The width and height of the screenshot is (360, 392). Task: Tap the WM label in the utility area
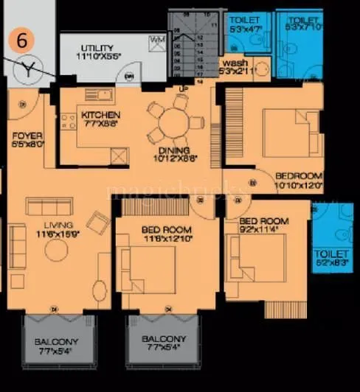click(x=157, y=39)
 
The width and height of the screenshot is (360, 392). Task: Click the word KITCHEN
click(x=101, y=116)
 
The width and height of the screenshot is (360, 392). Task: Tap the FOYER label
click(x=27, y=136)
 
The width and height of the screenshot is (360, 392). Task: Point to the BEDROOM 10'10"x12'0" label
click(x=299, y=176)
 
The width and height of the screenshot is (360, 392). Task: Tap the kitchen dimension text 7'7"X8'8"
click(x=101, y=125)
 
